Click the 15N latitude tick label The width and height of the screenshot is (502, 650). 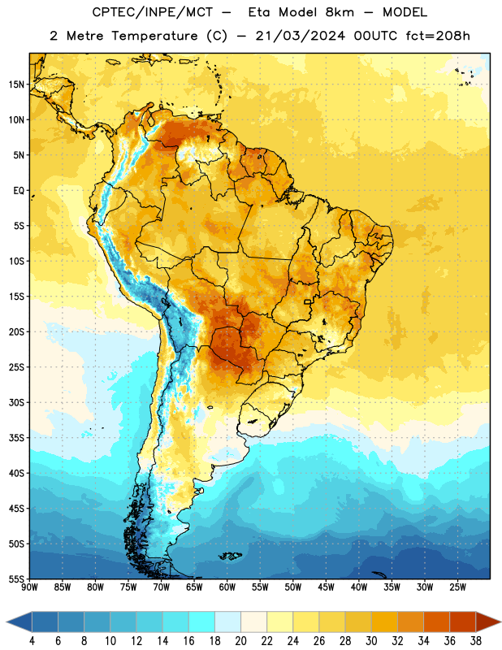click(16, 84)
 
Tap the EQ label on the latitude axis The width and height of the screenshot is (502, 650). click(19, 191)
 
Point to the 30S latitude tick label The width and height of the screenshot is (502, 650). click(16, 402)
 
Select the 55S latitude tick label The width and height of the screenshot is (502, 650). click(16, 579)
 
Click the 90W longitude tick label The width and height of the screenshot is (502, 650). click(29, 587)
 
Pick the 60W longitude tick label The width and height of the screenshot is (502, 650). click(227, 587)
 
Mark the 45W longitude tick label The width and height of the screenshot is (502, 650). click(326, 587)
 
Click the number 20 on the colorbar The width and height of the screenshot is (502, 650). click(240, 641)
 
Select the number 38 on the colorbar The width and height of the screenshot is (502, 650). click(476, 641)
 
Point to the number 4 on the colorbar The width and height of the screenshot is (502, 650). click(32, 641)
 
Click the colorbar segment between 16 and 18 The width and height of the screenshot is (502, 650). click(202, 622)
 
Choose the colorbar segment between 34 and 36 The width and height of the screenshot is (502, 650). click(436, 622)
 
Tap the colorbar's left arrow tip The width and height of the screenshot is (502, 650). click(6, 622)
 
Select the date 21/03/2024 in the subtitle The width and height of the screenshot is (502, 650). click(300, 36)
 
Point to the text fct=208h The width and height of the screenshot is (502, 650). click(438, 36)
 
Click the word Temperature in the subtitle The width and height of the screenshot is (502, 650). click(154, 36)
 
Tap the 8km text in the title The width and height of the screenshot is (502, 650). click(340, 12)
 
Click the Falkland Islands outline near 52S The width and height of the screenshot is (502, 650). click(231, 556)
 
